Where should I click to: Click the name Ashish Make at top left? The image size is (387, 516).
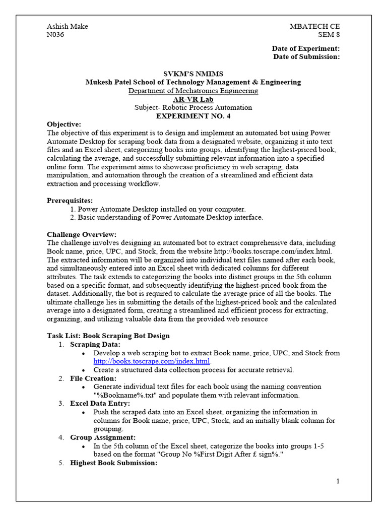(67, 27)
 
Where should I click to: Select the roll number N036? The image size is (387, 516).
(55, 35)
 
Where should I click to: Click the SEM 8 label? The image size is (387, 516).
(329, 35)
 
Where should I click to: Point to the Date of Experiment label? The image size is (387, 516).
(306, 48)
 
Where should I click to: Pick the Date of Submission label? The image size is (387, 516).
(306, 57)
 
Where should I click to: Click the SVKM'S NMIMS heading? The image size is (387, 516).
(193, 74)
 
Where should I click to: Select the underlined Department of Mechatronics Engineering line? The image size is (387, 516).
(193, 91)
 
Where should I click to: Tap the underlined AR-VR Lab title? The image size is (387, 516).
(193, 99)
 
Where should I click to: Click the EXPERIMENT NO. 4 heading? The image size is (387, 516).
(193, 116)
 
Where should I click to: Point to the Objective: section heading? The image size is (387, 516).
(63, 124)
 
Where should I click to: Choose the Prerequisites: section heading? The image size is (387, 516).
(70, 201)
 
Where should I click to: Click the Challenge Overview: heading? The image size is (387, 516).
(82, 234)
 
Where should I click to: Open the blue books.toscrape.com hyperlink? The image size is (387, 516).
(152, 361)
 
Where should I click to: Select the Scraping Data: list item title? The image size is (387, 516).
(95, 345)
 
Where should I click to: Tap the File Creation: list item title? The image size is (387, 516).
(93, 378)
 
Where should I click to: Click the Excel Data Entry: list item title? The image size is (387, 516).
(100, 404)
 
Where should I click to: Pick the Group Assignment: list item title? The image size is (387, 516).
(102, 437)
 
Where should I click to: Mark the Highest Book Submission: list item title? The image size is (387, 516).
(114, 463)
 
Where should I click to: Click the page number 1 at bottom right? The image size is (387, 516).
(338, 481)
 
